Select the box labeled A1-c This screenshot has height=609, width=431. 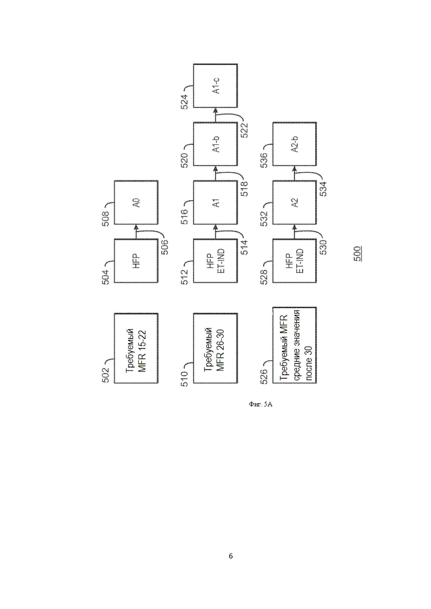click(x=215, y=86)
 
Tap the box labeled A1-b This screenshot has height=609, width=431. click(x=215, y=144)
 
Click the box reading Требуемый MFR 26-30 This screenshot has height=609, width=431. click(x=215, y=348)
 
